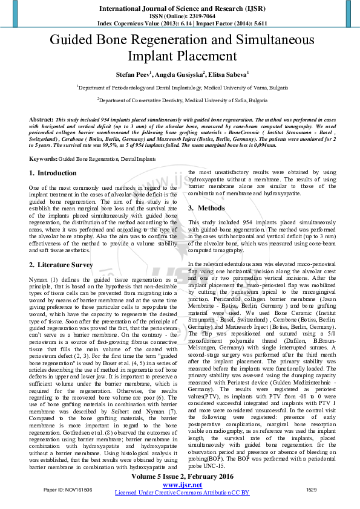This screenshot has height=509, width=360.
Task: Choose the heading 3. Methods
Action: tap(207, 209)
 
